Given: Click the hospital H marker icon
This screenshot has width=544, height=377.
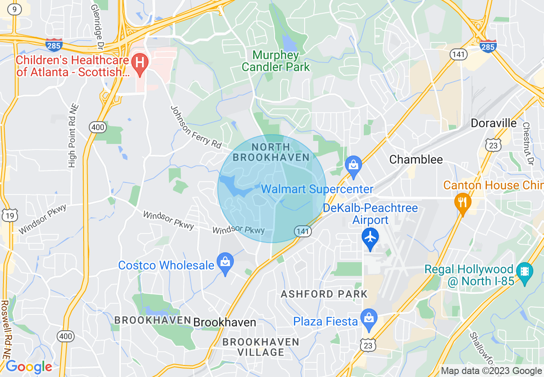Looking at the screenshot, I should (x=139, y=63).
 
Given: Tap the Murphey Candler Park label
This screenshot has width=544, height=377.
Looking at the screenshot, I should (x=276, y=61).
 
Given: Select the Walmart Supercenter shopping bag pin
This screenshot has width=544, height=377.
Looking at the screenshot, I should (x=354, y=165).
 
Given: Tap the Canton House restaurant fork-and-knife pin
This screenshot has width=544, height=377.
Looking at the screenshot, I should (x=462, y=202).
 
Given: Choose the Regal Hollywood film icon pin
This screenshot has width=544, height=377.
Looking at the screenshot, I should (x=524, y=272).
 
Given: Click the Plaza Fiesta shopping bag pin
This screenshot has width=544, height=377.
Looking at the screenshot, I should (x=369, y=318).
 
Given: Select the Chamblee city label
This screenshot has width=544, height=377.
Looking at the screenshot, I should (x=416, y=160).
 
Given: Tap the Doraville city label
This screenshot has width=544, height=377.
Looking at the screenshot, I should (x=493, y=123).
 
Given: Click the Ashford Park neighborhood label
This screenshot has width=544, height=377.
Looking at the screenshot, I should (x=324, y=294).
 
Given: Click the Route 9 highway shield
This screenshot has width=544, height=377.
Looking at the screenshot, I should (x=15, y=10).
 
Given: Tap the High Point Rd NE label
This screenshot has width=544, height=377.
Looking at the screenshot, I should (x=72, y=137).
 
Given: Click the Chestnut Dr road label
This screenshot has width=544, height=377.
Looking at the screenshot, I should (x=527, y=144).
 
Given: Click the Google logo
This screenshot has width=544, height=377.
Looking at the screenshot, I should (x=29, y=367).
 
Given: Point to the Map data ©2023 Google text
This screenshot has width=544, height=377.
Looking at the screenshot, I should (x=491, y=371).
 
